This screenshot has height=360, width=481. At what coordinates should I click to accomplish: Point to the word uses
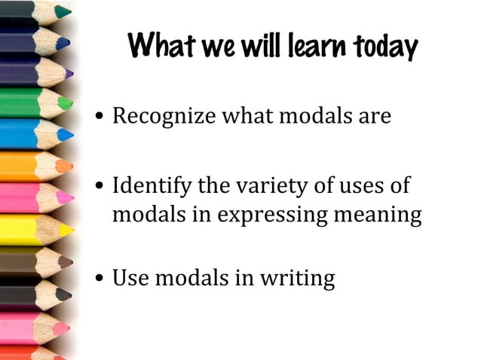coord(360,185)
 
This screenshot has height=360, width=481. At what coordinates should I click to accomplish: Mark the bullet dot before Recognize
coord(100,118)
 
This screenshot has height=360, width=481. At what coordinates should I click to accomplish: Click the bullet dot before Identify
coord(100,186)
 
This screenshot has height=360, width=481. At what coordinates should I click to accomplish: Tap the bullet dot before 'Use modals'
coord(100,279)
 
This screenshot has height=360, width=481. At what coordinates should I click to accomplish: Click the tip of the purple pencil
coord(69,74)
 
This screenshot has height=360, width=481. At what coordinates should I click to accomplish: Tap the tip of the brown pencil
coord(69,262)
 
